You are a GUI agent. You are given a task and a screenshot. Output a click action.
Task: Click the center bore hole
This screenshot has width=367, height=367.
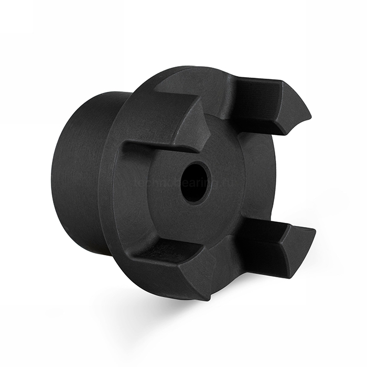[195, 182]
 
